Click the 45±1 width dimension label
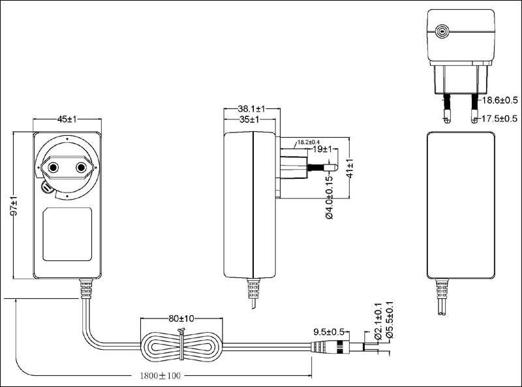pyautogui.click(x=67, y=119)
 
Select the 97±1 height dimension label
pyautogui.click(x=13, y=206)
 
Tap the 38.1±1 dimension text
pyautogui.click(x=251, y=109)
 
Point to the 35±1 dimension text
pyautogui.click(x=249, y=119)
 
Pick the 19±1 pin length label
pyautogui.click(x=322, y=149)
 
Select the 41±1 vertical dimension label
pyautogui.click(x=350, y=168)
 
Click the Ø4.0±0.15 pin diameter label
pyautogui.click(x=329, y=197)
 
